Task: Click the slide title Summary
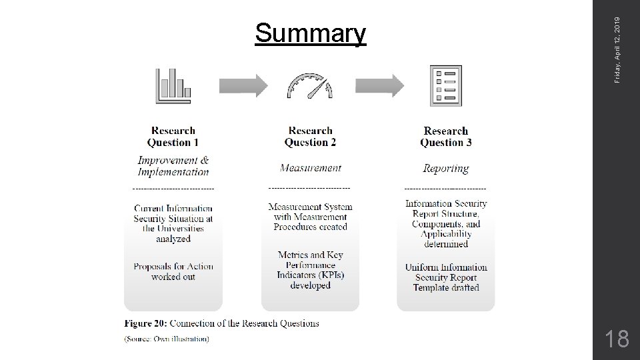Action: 310,33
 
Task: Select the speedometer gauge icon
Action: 309,87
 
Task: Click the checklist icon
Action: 445,85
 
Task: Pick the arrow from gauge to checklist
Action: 379,85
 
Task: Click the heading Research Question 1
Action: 173,137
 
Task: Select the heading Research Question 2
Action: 310,137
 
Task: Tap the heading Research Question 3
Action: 446,137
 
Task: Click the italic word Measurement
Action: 311,168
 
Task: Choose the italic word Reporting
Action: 446,169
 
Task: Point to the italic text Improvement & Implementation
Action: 173,166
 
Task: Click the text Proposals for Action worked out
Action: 173,271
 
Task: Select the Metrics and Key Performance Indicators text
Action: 310,270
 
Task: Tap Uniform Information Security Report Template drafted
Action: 446,277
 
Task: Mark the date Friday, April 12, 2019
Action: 618,41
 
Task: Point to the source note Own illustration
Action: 167,339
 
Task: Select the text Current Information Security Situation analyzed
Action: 173,223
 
